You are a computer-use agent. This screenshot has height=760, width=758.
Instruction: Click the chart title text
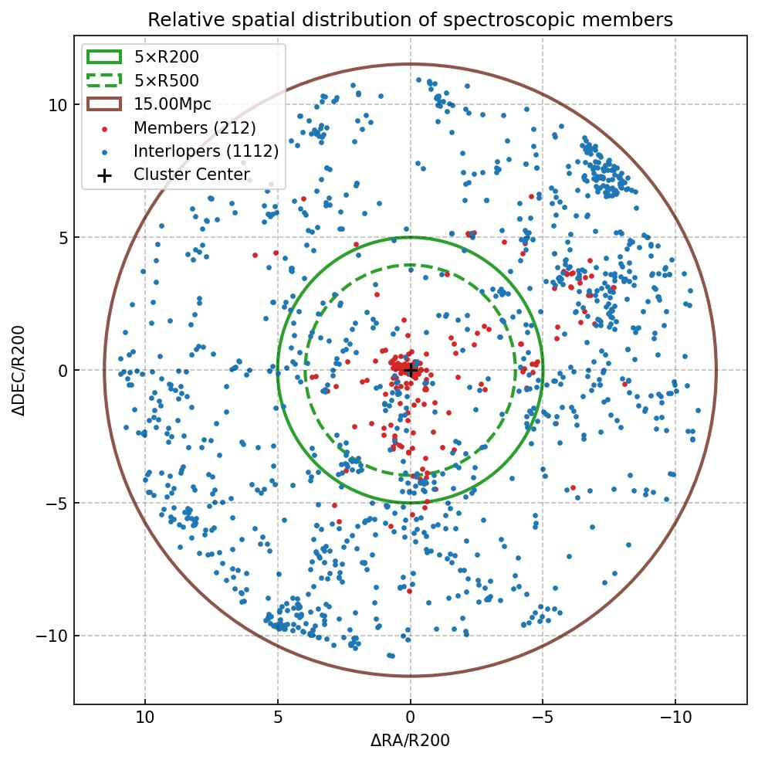(x=410, y=19)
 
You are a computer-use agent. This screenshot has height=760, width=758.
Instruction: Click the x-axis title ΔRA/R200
(x=410, y=741)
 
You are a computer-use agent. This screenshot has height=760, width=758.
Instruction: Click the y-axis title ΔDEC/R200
(x=19, y=370)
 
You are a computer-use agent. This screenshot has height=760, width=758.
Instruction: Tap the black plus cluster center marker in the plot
(x=411, y=371)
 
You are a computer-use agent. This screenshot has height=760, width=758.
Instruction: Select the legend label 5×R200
(x=166, y=56)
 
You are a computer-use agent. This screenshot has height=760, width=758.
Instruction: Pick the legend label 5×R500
(x=166, y=80)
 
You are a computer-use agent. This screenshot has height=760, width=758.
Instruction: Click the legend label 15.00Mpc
(x=172, y=104)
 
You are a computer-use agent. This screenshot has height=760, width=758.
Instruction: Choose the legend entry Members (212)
(x=195, y=127)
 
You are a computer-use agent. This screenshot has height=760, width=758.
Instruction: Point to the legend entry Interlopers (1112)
(x=206, y=151)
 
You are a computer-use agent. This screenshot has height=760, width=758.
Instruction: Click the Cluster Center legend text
(x=191, y=175)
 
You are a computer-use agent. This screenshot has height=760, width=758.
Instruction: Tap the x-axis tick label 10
(x=145, y=718)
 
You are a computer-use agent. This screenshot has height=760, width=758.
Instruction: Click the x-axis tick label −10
(x=675, y=718)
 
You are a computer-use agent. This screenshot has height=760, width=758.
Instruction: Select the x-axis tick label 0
(x=411, y=718)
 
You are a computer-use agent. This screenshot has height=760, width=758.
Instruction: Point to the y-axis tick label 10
(x=58, y=105)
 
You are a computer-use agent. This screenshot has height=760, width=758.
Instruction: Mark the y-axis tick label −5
(x=54, y=504)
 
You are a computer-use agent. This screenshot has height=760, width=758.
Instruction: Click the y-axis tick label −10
(x=50, y=636)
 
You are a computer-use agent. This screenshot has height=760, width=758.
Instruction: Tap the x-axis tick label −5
(x=543, y=718)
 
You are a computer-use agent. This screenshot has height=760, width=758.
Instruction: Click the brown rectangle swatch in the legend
(x=104, y=104)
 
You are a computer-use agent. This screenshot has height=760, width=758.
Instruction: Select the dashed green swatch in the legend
(x=104, y=80)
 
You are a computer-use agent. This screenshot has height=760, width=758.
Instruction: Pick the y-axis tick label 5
(x=62, y=238)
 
